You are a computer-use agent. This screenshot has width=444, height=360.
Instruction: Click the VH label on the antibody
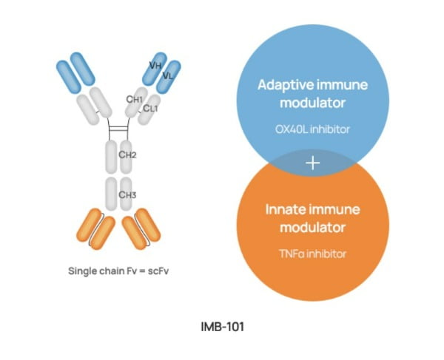point(155,66)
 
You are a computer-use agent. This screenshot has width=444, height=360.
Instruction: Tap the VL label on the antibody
point(168,75)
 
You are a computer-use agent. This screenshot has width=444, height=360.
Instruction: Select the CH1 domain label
point(134,99)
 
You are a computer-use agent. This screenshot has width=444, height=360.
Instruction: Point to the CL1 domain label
point(150,108)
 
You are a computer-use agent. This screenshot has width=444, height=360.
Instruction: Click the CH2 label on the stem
point(127,154)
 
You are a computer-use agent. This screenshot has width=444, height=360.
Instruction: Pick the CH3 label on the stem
point(127,195)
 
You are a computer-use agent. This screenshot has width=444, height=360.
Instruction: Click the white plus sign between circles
point(312,163)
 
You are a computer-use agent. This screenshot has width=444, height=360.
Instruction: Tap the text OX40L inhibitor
point(312,129)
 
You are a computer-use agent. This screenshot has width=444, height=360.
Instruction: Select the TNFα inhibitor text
point(312,254)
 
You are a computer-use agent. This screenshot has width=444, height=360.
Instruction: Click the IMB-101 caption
point(222,327)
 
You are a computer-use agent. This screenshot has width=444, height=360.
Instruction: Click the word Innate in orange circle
point(286,209)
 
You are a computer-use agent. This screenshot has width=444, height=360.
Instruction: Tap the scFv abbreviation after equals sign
point(158,271)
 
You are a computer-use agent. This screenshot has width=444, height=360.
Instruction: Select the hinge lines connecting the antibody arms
point(119,129)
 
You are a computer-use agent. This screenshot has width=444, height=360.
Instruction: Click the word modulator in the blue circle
point(312,103)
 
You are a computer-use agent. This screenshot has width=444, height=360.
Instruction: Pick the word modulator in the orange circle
point(312,228)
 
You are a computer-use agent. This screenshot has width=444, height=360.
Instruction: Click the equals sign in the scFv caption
point(142,271)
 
